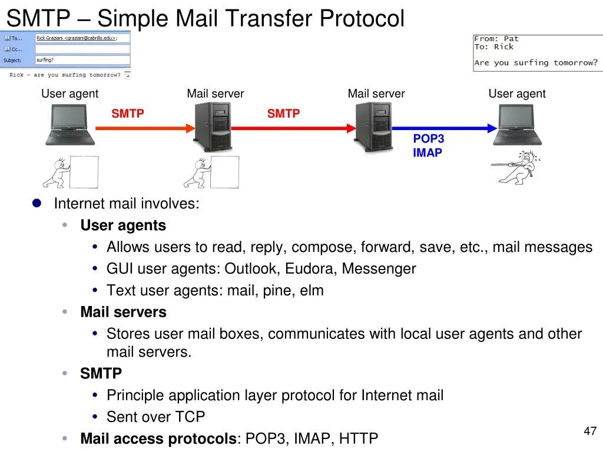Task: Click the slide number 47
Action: point(590,431)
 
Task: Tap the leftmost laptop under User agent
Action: point(70,124)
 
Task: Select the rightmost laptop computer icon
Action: point(517,124)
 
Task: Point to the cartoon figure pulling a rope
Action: point(516,165)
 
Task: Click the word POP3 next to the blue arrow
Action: point(428,139)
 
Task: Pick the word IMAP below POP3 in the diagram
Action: point(427,153)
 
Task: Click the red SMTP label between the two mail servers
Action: point(283,114)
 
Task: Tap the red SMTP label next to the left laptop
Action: point(128,114)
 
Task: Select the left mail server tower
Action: point(213,127)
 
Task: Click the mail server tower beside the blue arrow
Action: point(373,127)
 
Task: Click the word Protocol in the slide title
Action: point(362,19)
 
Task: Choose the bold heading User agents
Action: point(123,225)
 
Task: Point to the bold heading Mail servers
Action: point(123,312)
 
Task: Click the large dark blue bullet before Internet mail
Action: point(37,203)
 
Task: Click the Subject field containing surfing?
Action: point(82,59)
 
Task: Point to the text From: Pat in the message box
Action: point(496,39)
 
